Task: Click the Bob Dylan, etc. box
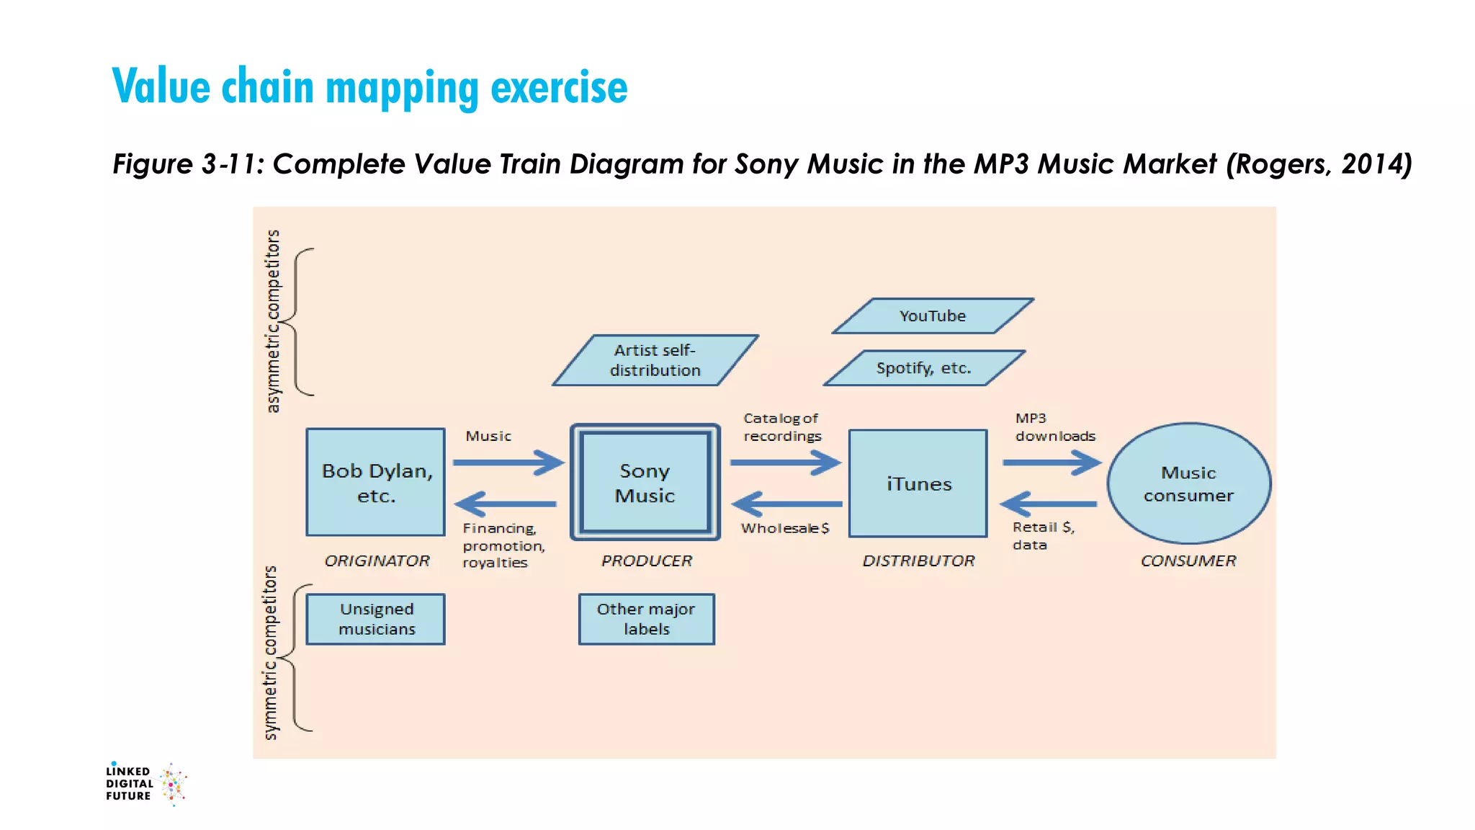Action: [375, 482]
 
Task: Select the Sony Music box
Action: [645, 482]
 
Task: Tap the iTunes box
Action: [918, 483]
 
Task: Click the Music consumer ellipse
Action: [1189, 483]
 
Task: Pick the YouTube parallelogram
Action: [933, 316]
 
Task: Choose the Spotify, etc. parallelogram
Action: [924, 368]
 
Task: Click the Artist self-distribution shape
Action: [655, 360]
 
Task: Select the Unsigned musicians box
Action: [376, 619]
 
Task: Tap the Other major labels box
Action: [646, 619]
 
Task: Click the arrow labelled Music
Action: [508, 462]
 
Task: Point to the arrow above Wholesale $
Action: [786, 504]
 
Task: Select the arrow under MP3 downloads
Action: [1052, 462]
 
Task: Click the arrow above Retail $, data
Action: [1049, 504]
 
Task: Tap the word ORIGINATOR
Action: [377, 561]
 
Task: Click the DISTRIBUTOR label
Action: [918, 561]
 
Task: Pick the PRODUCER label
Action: [647, 561]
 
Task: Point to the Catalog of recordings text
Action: [782, 427]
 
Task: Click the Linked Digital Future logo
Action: [145, 783]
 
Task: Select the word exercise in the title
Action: [559, 87]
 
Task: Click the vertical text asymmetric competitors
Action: [273, 321]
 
